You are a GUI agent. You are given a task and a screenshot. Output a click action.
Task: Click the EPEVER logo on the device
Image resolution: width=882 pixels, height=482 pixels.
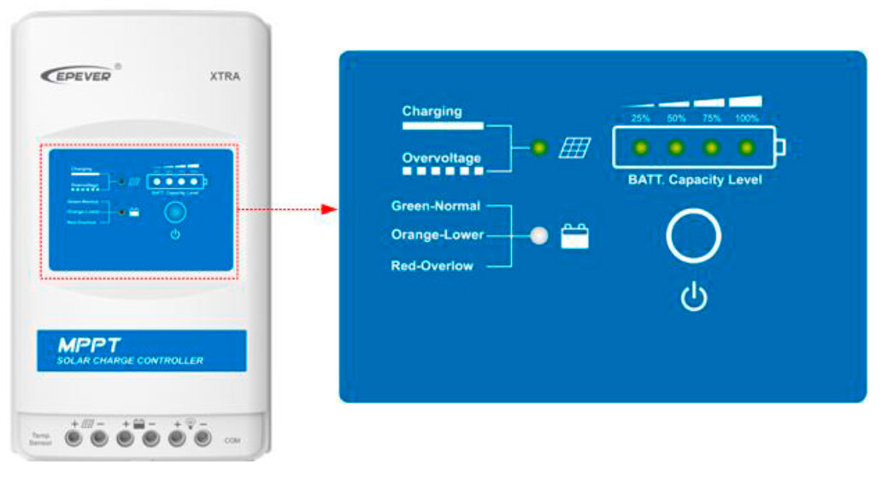(76, 74)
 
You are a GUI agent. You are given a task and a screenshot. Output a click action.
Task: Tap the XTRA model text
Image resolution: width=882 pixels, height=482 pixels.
(225, 76)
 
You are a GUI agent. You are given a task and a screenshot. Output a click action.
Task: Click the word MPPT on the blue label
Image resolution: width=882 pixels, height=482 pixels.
(91, 344)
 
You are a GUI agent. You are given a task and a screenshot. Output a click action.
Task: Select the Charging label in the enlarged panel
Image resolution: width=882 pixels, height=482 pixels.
(432, 111)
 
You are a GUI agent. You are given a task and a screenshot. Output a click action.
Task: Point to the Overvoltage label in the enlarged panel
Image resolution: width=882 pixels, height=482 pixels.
(442, 158)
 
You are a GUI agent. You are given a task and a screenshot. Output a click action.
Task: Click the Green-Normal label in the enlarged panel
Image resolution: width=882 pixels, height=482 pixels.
(435, 206)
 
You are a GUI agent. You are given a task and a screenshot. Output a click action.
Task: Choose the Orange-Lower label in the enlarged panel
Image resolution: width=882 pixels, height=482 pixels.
(437, 235)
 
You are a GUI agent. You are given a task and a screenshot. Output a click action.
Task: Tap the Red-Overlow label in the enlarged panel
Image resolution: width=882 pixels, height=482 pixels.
(432, 266)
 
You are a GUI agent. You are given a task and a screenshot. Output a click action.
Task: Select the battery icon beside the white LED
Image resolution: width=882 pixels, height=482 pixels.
(575, 236)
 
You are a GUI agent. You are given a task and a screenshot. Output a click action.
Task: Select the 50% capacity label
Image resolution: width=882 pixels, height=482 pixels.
(676, 119)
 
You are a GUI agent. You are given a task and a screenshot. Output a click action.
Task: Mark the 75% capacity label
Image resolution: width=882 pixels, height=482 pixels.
(711, 119)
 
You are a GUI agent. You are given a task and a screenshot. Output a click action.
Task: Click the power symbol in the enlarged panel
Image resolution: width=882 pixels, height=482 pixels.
(694, 298)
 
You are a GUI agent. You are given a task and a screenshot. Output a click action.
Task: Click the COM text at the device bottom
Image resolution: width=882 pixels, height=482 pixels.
(232, 440)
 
